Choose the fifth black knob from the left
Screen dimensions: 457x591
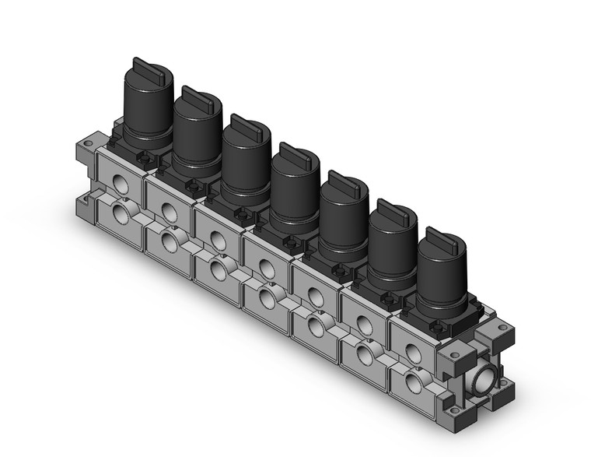click(344, 214)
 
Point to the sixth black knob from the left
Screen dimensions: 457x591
click(392, 241)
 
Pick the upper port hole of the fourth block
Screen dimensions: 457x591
click(266, 267)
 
